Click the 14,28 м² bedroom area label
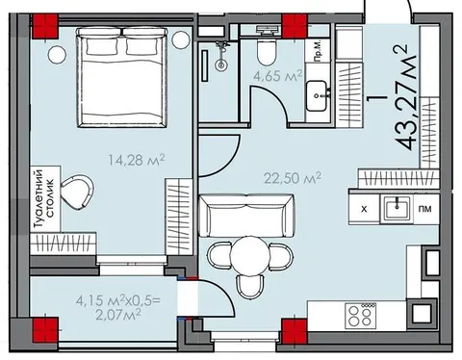click(x=137, y=160)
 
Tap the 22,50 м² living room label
click(x=293, y=177)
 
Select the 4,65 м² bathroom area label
click(x=278, y=76)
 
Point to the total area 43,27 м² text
click(x=404, y=97)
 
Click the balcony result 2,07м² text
click(x=118, y=315)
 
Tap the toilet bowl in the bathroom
click(x=267, y=51)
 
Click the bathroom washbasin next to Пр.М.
click(x=317, y=96)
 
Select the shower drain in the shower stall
click(x=220, y=64)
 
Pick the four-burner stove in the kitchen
click(x=360, y=316)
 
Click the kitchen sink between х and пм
click(x=397, y=210)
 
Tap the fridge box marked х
click(x=364, y=209)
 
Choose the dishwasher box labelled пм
click(x=425, y=209)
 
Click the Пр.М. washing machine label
click(x=318, y=51)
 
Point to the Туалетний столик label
click(x=44, y=198)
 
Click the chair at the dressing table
click(x=77, y=192)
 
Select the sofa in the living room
click(x=246, y=216)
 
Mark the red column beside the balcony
click(x=45, y=330)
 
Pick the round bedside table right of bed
click(x=180, y=39)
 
